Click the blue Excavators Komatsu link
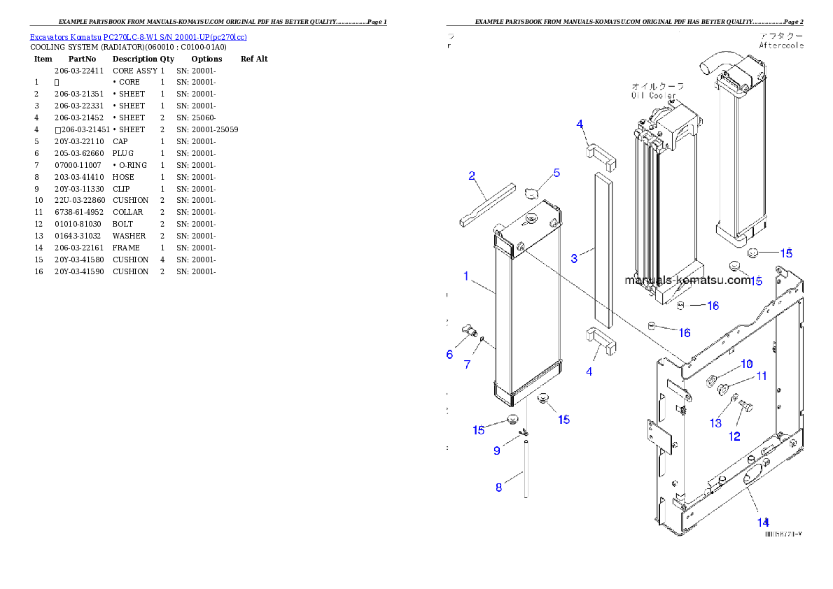[x=138, y=37]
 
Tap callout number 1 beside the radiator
[x=466, y=276]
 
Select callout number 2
[x=472, y=176]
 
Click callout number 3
[x=574, y=259]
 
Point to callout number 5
[x=556, y=173]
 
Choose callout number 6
[x=449, y=355]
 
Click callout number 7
[x=467, y=364]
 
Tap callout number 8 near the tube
[x=499, y=488]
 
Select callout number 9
[x=497, y=450]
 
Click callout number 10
[x=747, y=364]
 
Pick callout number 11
[x=762, y=376]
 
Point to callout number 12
[x=734, y=437]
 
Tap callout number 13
[x=715, y=423]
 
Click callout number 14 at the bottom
[x=762, y=522]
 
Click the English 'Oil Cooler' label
[x=652, y=95]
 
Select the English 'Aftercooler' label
[x=781, y=45]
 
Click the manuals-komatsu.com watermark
[x=687, y=281]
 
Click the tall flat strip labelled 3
[x=603, y=252]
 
